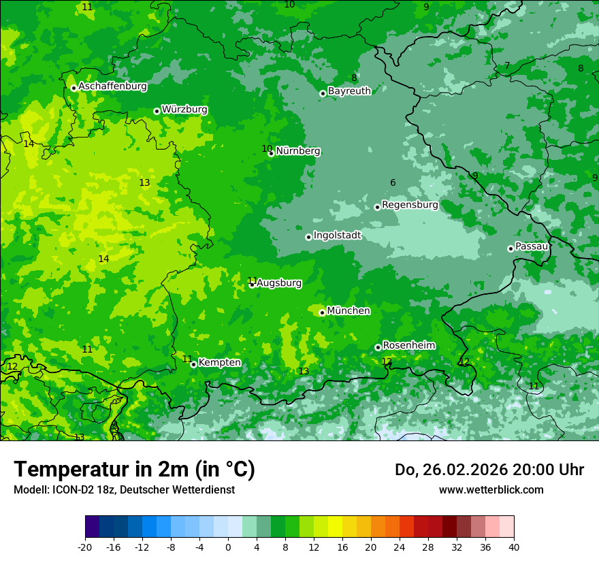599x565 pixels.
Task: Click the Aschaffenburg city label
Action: [112, 86]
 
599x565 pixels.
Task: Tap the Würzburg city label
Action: [184, 110]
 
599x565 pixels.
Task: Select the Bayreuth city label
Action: [349, 91]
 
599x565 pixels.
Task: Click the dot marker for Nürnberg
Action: [271, 154]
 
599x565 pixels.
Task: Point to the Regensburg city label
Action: [410, 205]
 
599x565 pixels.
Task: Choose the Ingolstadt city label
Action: [337, 236]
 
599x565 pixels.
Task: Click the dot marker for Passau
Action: [511, 248]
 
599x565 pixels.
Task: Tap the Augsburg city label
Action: [279, 283]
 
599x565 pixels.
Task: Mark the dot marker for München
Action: [322, 313]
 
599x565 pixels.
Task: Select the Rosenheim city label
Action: [408, 346]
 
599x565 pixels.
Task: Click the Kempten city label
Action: [219, 363]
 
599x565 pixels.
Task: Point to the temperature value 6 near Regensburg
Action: [393, 182]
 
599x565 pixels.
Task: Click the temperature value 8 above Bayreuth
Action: [354, 78]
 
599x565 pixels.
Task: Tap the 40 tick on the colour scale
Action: [514, 547]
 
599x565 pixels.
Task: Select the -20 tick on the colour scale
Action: [85, 547]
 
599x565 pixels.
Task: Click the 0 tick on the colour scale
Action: [228, 547]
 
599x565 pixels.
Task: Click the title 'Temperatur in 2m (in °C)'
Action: [134, 470]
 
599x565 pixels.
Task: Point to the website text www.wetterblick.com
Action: [491, 489]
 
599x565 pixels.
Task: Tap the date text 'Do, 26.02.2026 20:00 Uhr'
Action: [489, 470]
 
